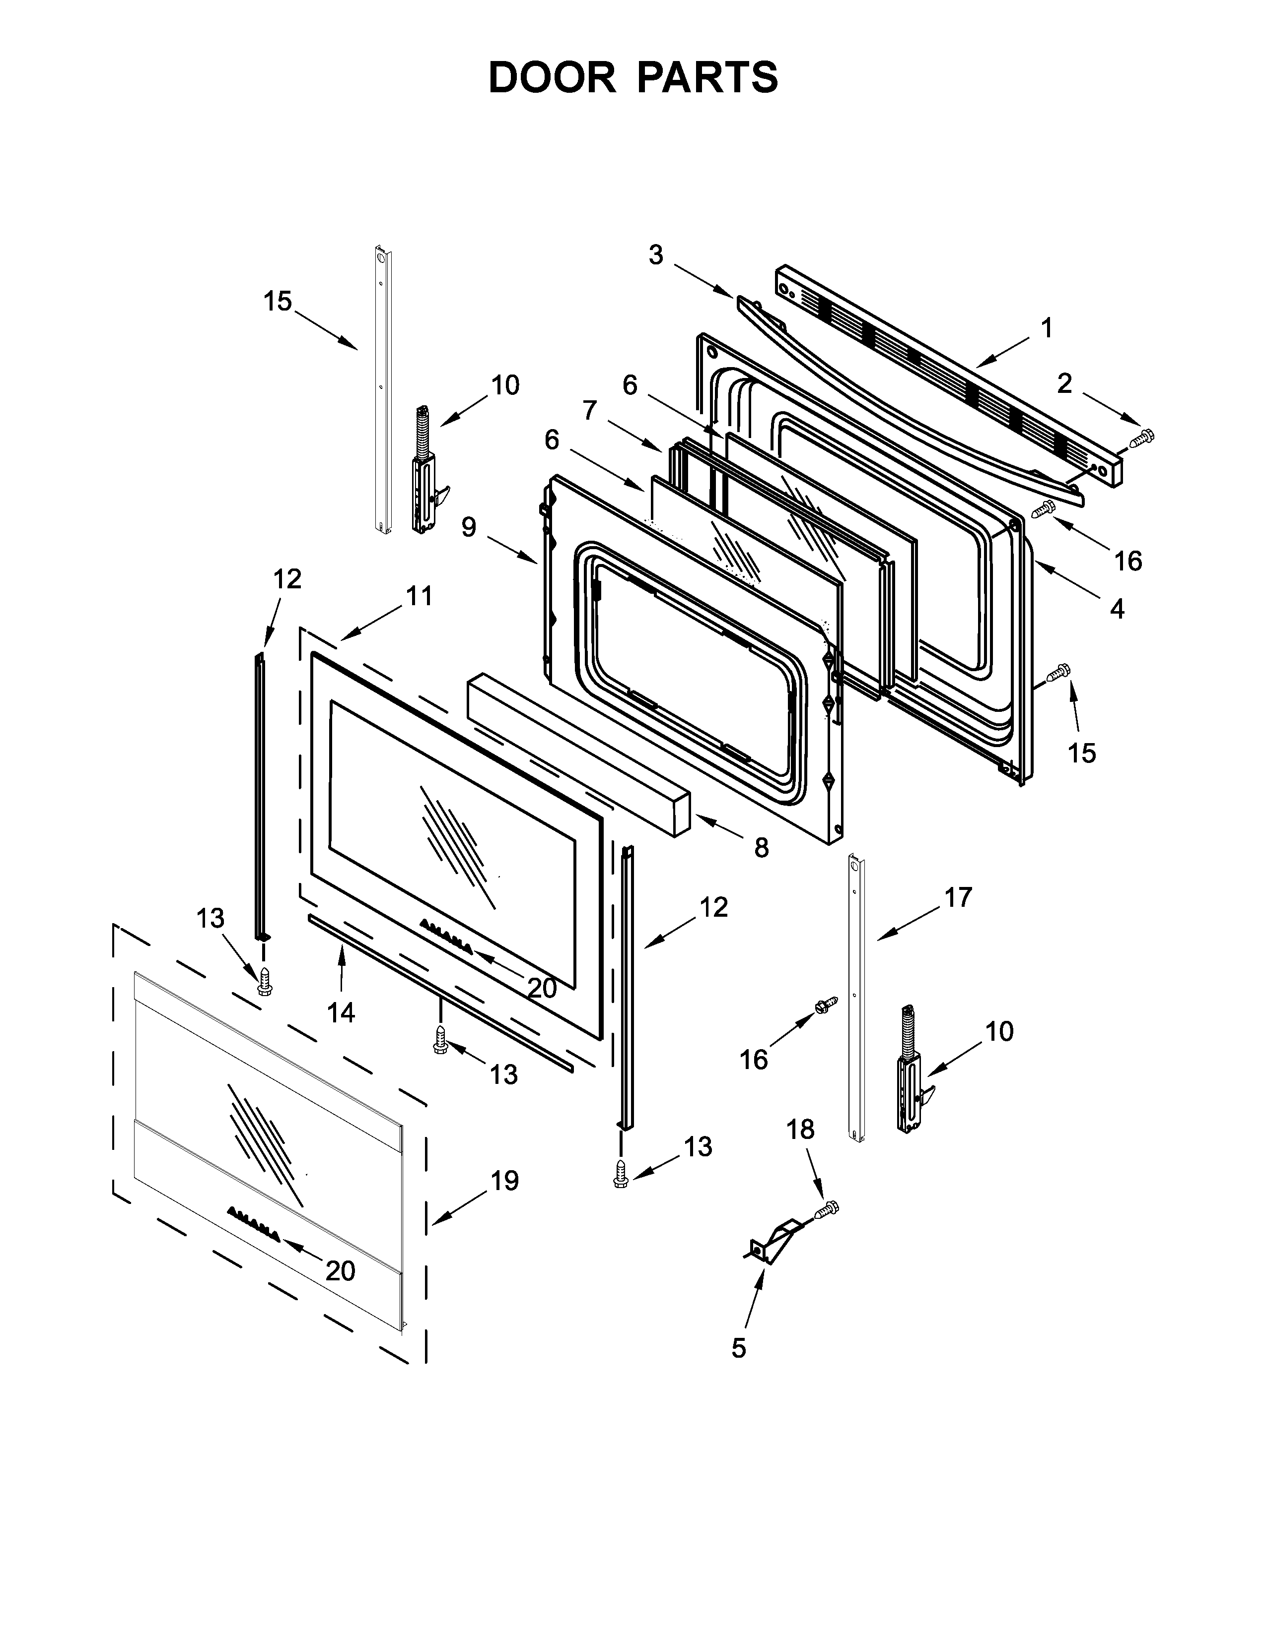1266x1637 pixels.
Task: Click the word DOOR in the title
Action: point(551,77)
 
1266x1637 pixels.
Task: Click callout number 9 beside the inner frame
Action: point(468,527)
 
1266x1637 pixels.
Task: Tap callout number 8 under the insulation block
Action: point(761,848)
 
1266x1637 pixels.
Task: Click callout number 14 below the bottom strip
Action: point(341,1012)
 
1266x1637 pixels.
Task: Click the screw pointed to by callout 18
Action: point(828,1208)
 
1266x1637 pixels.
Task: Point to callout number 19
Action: point(505,1181)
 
